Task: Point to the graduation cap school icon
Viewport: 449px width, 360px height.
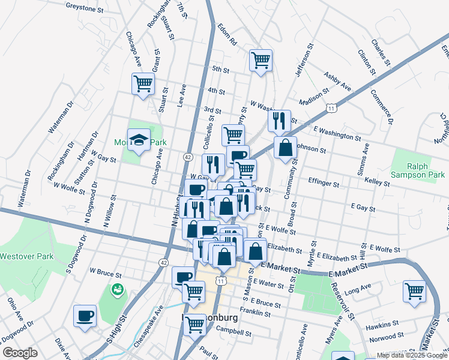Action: pyautogui.click(x=139, y=140)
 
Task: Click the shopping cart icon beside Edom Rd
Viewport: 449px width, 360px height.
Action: pyautogui.click(x=261, y=60)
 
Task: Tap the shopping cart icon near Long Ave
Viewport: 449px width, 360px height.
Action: pyautogui.click(x=414, y=292)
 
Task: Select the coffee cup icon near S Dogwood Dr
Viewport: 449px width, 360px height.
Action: pyautogui.click(x=85, y=316)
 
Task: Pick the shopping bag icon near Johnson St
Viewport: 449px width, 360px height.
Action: pyautogui.click(x=286, y=147)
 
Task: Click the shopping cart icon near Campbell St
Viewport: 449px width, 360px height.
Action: pyautogui.click(x=194, y=325)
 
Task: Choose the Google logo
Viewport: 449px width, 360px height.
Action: pyautogui.click(x=20, y=353)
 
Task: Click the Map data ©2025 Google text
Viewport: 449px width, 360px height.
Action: pyautogui.click(x=412, y=355)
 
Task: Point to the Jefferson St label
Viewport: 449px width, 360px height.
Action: pyautogui.click(x=304, y=60)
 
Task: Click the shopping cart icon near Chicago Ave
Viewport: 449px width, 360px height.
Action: pyautogui.click(x=143, y=83)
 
